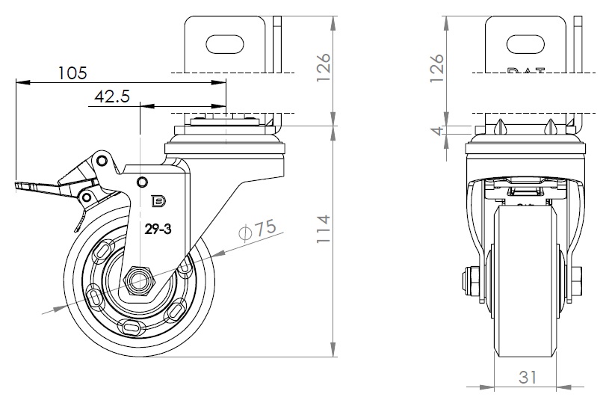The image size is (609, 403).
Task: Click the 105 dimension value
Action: (x=72, y=73)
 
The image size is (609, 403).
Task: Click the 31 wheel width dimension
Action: (x=528, y=378)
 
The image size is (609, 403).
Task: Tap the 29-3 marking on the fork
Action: (x=158, y=230)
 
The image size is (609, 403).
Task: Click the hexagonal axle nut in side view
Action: (x=139, y=279)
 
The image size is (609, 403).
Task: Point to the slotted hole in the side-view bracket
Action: (x=225, y=43)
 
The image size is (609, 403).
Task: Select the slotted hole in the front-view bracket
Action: (x=526, y=43)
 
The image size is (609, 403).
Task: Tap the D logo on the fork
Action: (x=158, y=200)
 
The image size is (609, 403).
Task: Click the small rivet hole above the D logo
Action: (x=141, y=180)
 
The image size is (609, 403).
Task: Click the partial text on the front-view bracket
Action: (x=526, y=72)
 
